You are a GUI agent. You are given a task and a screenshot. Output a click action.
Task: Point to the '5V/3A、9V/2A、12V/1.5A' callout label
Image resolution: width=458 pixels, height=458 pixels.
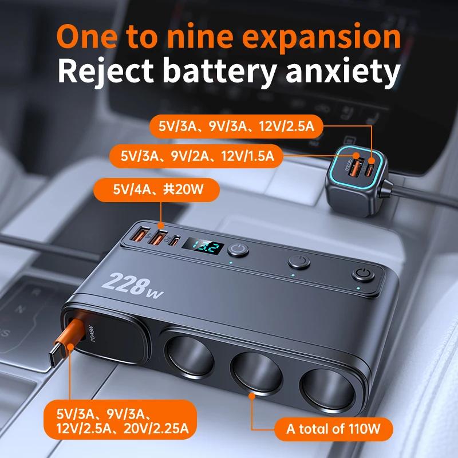click(x=198, y=155)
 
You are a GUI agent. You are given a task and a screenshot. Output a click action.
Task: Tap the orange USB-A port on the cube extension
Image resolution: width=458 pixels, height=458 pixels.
click(x=356, y=169)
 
